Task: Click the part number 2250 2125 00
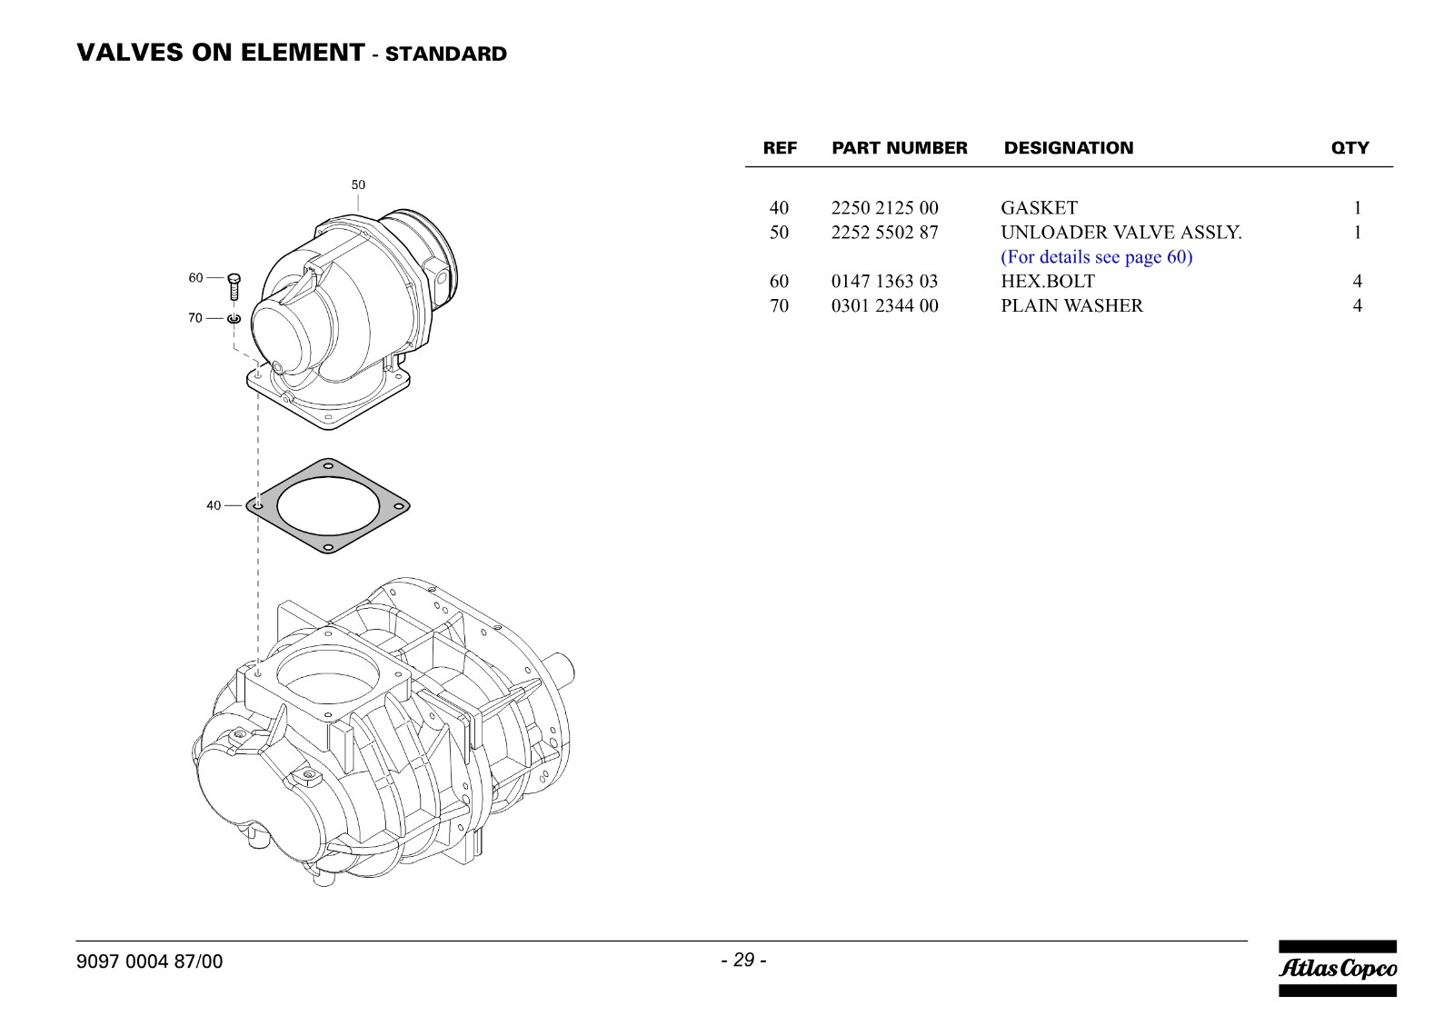pos(885,208)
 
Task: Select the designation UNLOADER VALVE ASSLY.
pos(1121,233)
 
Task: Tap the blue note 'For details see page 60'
pos(1096,257)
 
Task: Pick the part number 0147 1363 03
pos(885,281)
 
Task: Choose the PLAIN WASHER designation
pos(1071,305)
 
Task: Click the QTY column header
pos(1350,148)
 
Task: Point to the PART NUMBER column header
pos(900,148)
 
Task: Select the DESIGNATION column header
pos(1069,148)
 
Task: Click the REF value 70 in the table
pos(779,305)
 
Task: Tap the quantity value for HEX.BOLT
pos(1358,281)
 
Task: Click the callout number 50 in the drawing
pos(358,185)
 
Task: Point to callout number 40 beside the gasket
pos(214,505)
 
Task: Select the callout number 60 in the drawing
pos(196,278)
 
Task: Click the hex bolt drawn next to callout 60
pos(234,287)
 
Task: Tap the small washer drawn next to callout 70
pos(234,318)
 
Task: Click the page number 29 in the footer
pos(744,960)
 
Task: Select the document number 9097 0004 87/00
pos(149,961)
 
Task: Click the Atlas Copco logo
pos(1338,968)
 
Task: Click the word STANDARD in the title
pos(446,54)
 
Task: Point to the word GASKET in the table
pos(1039,208)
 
